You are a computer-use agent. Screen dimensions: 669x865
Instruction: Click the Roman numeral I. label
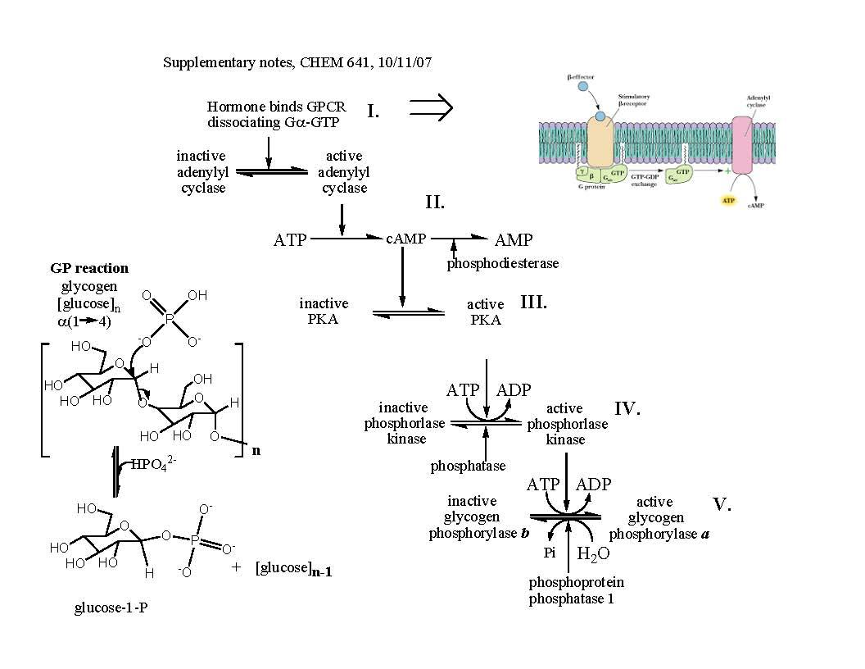tap(373, 111)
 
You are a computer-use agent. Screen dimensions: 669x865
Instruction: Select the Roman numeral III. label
tap(533, 302)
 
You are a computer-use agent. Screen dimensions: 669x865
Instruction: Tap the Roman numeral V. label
tap(721, 504)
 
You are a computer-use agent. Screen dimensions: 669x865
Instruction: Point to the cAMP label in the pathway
tap(406, 239)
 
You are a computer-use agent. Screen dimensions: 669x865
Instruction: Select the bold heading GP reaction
tap(89, 268)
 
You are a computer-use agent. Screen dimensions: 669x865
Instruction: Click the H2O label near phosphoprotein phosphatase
tap(593, 555)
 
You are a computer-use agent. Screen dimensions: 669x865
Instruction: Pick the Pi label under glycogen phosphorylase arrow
tap(551, 553)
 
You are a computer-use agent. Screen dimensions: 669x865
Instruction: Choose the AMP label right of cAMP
tap(514, 240)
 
